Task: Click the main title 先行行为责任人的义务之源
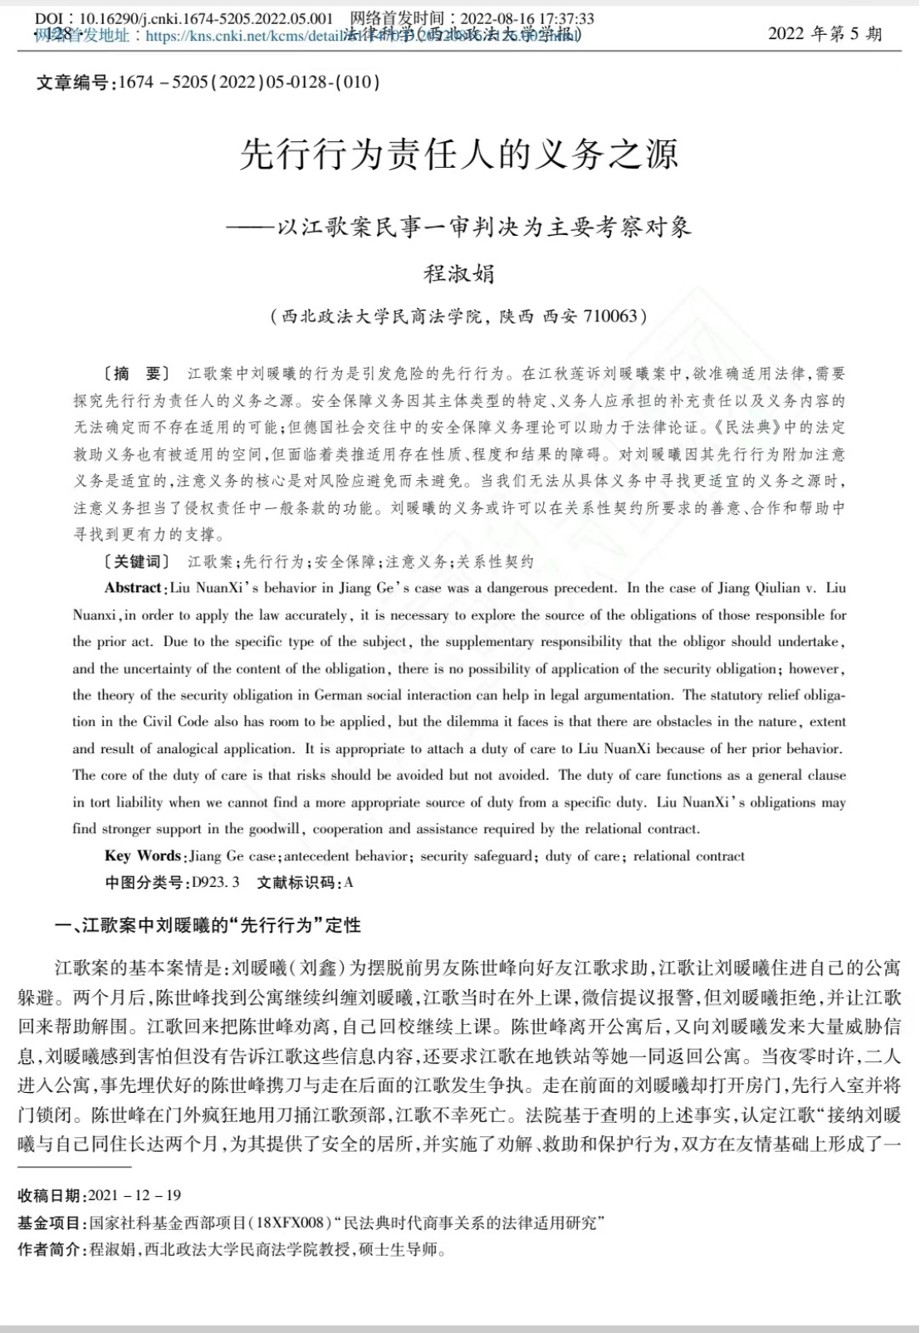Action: coord(459,154)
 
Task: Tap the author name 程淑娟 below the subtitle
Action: coord(459,272)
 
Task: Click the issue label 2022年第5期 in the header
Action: coord(825,34)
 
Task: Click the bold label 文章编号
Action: coord(72,82)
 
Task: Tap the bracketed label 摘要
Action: coord(135,374)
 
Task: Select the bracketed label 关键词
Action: coord(136,562)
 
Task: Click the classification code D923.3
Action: coord(215,882)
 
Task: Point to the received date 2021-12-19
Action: coord(135,1195)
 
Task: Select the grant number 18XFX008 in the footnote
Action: coord(289,1223)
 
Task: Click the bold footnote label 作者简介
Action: coord(51,1249)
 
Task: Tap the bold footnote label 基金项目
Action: coord(51,1223)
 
